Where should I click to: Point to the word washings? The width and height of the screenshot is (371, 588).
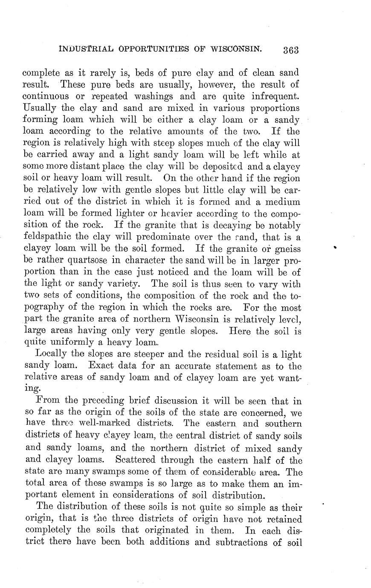coord(158,96)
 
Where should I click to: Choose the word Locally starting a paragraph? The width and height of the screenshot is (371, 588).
coord(52,354)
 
